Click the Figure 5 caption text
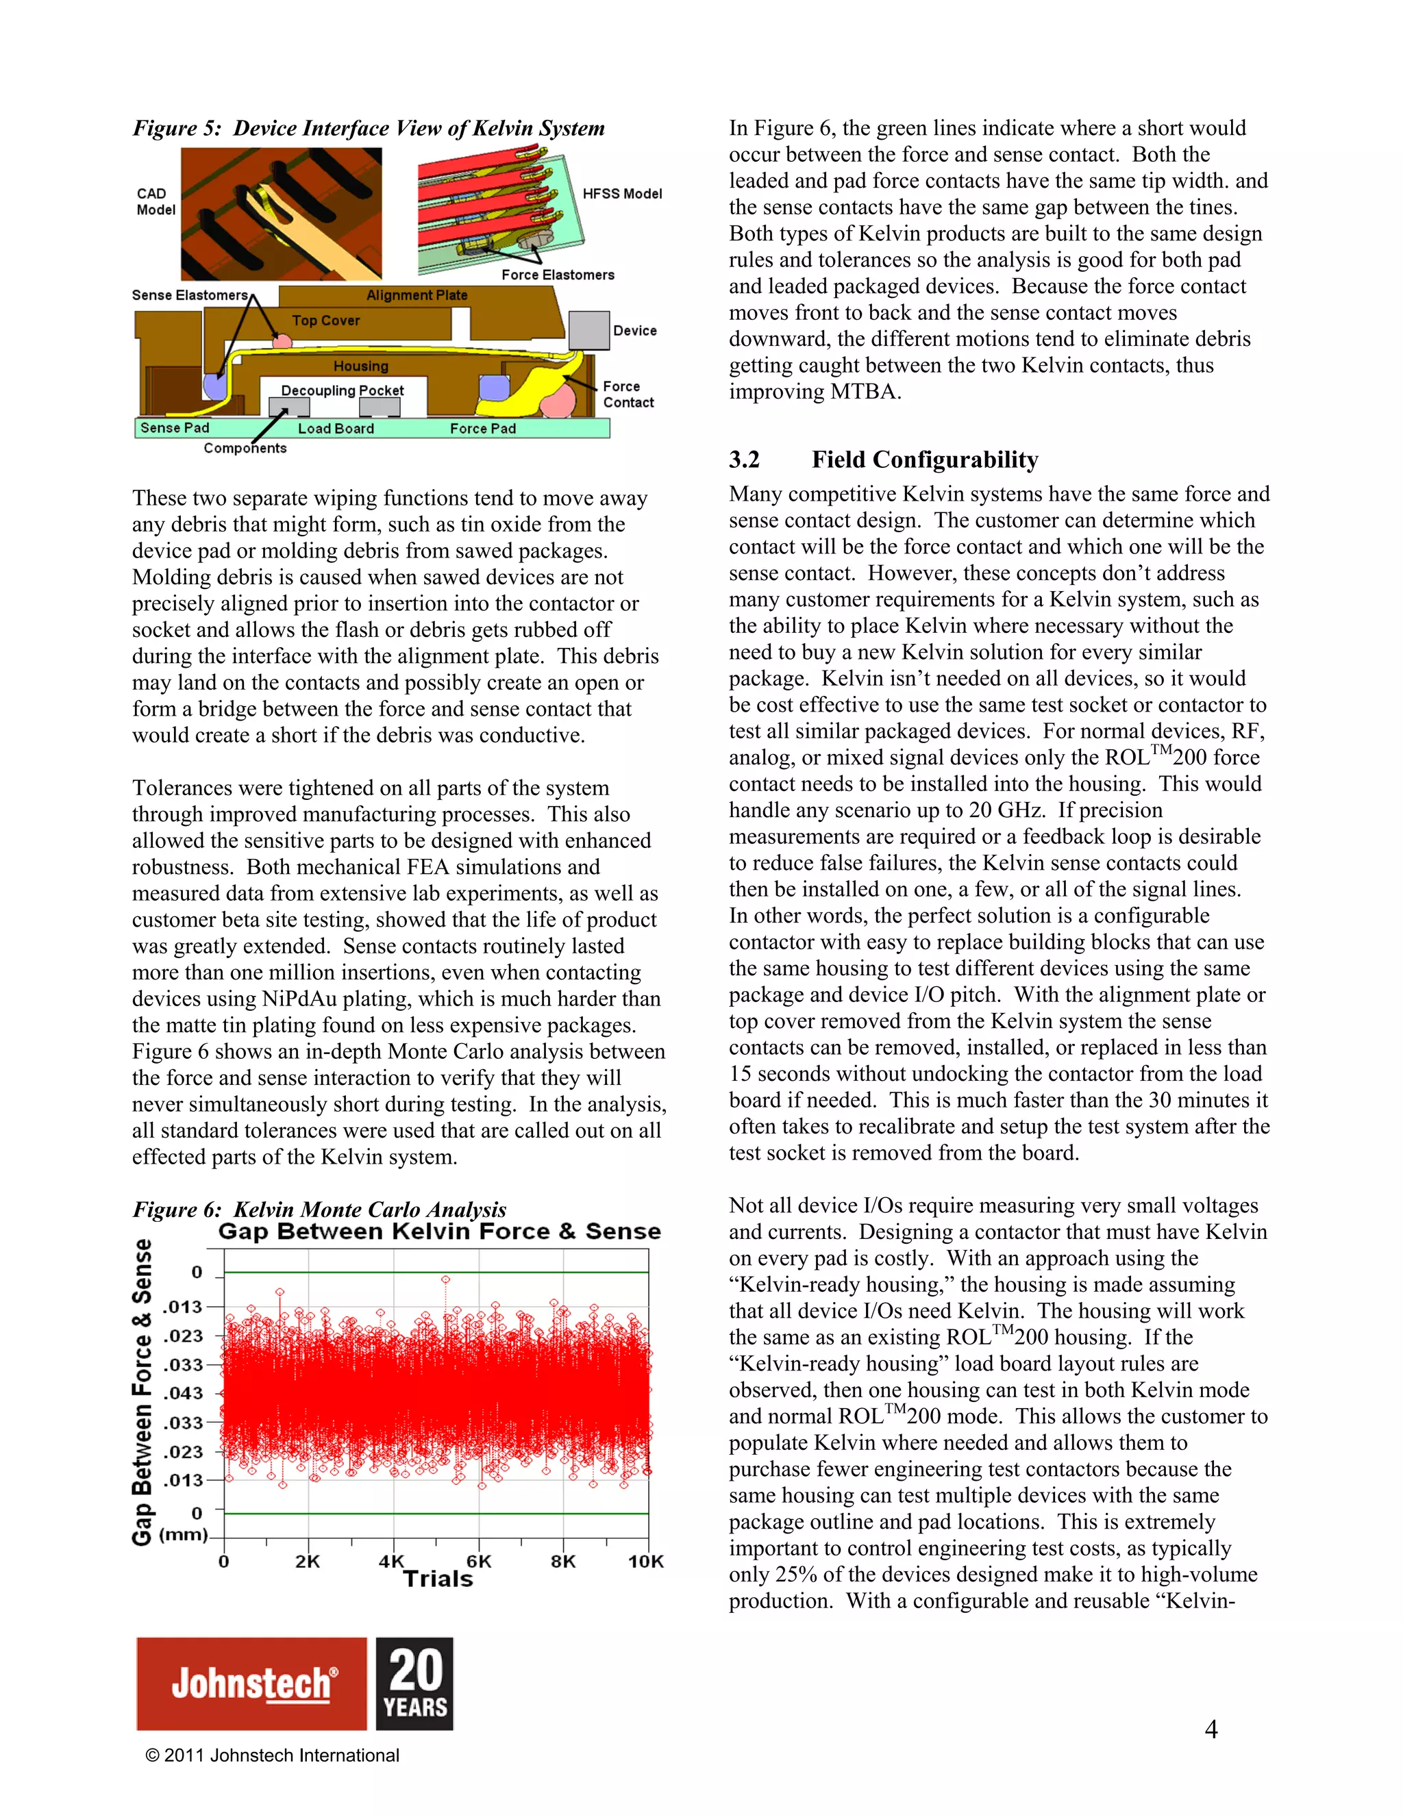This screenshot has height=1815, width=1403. [368, 128]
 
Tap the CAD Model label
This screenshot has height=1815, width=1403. [156, 201]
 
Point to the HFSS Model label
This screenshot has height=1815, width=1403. [622, 194]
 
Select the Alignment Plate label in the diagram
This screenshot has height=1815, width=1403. [417, 295]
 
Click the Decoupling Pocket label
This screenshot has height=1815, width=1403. [342, 390]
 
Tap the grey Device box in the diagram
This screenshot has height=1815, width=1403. [589, 330]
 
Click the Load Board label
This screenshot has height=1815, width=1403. [336, 428]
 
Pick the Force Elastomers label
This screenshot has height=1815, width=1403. [558, 275]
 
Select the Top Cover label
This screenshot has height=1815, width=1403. [326, 320]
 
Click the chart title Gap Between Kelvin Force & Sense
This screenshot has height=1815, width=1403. [439, 1231]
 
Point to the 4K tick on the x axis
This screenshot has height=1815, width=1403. [390, 1561]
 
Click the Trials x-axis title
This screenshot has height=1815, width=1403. [438, 1579]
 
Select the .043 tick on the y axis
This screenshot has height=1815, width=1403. [183, 1393]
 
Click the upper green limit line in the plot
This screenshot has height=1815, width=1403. [436, 1273]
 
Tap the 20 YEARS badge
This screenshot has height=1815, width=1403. [414, 1683]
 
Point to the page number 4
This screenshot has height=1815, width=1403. [1211, 1729]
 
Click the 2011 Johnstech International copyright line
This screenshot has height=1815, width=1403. [273, 1755]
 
